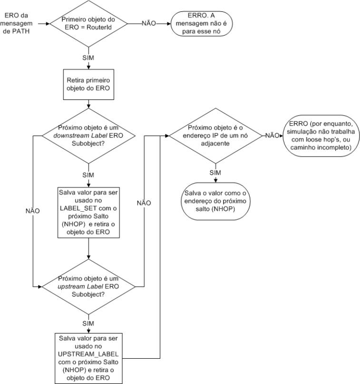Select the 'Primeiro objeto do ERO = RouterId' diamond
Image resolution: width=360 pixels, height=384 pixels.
88,22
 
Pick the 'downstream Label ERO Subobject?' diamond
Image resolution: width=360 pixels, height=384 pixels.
88,137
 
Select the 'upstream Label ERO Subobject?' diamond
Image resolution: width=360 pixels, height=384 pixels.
88,286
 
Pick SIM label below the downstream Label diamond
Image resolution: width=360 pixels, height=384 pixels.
88,175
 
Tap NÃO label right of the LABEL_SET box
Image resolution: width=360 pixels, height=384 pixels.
144,203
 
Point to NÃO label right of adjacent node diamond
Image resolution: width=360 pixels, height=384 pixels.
272,135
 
